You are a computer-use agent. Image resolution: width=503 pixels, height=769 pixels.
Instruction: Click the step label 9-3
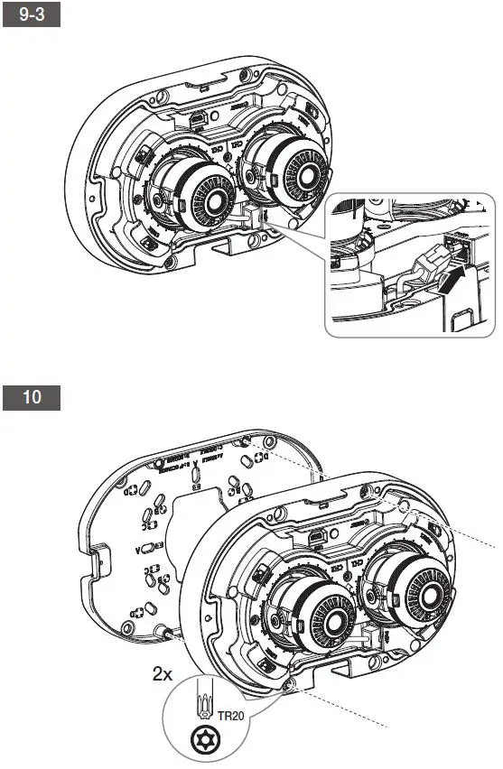[x=33, y=15]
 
